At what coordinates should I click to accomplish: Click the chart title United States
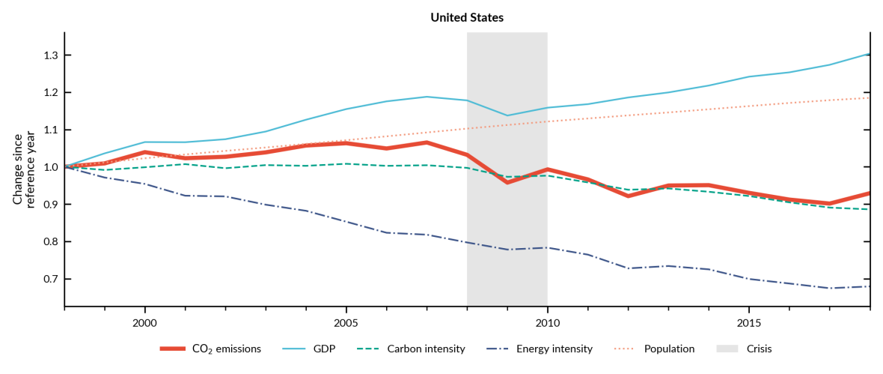pyautogui.click(x=467, y=18)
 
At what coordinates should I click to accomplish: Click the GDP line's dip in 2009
pyautogui.click(x=507, y=115)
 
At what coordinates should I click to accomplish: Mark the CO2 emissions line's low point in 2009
pyautogui.click(x=507, y=182)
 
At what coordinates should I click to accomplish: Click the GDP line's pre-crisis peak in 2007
pyautogui.click(x=427, y=97)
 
